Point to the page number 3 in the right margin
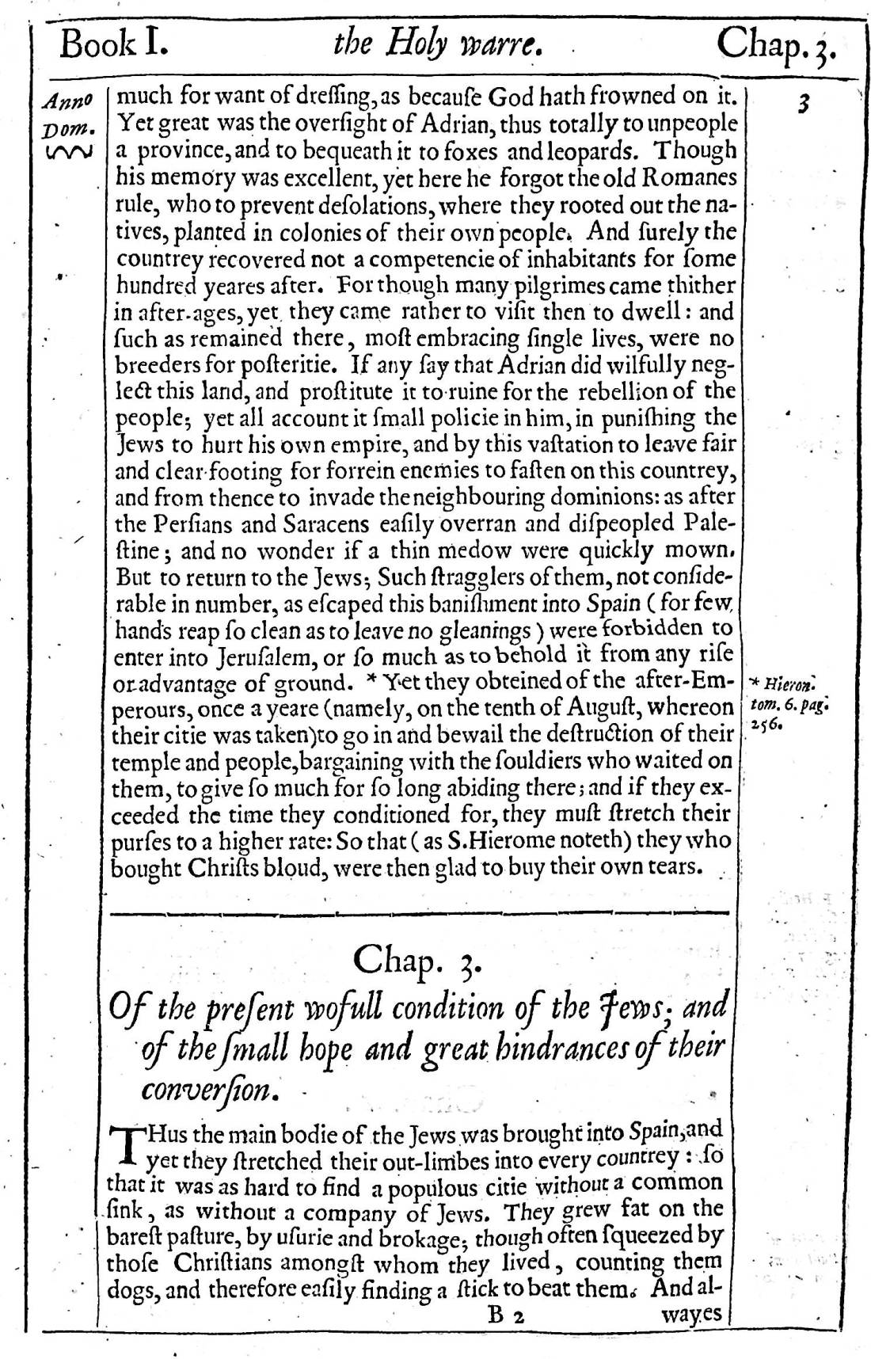pos(804,104)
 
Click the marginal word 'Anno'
pos(68,101)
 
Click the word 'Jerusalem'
pos(260,657)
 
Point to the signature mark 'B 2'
pos(503,1316)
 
